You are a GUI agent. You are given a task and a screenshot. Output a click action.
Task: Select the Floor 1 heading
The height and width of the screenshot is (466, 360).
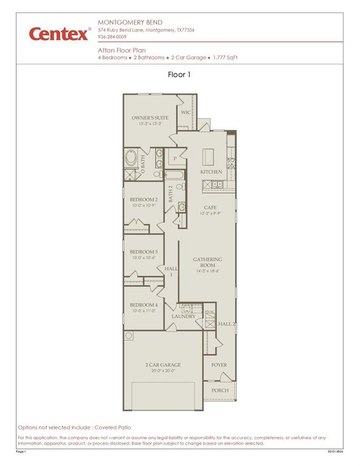coord(180,75)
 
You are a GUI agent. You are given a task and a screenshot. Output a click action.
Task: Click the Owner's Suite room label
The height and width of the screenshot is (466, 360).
coord(150,118)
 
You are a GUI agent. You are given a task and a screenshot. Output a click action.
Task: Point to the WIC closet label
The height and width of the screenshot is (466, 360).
coord(186,112)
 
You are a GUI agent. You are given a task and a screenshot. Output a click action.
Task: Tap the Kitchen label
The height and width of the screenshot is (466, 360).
coord(211,172)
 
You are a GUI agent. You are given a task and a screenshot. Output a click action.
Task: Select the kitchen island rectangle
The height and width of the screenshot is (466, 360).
coord(209,156)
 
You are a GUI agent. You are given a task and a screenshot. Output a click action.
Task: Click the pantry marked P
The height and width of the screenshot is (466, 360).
coord(175,158)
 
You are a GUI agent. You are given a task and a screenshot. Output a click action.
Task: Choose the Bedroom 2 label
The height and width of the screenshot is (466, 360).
coord(144,200)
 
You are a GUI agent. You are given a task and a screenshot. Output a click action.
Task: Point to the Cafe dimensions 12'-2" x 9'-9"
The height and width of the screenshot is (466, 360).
coord(210,214)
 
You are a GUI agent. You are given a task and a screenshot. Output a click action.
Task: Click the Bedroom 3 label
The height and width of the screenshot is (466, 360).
coord(144,252)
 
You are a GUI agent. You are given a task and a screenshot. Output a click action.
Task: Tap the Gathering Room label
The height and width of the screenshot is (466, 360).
coord(208,262)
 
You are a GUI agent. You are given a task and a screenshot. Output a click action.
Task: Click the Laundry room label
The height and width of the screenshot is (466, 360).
coord(183,316)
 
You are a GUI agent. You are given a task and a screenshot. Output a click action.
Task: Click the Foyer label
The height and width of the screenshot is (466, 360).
coord(220,365)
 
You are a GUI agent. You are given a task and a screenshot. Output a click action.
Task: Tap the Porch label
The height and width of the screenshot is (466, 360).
coord(220,390)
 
